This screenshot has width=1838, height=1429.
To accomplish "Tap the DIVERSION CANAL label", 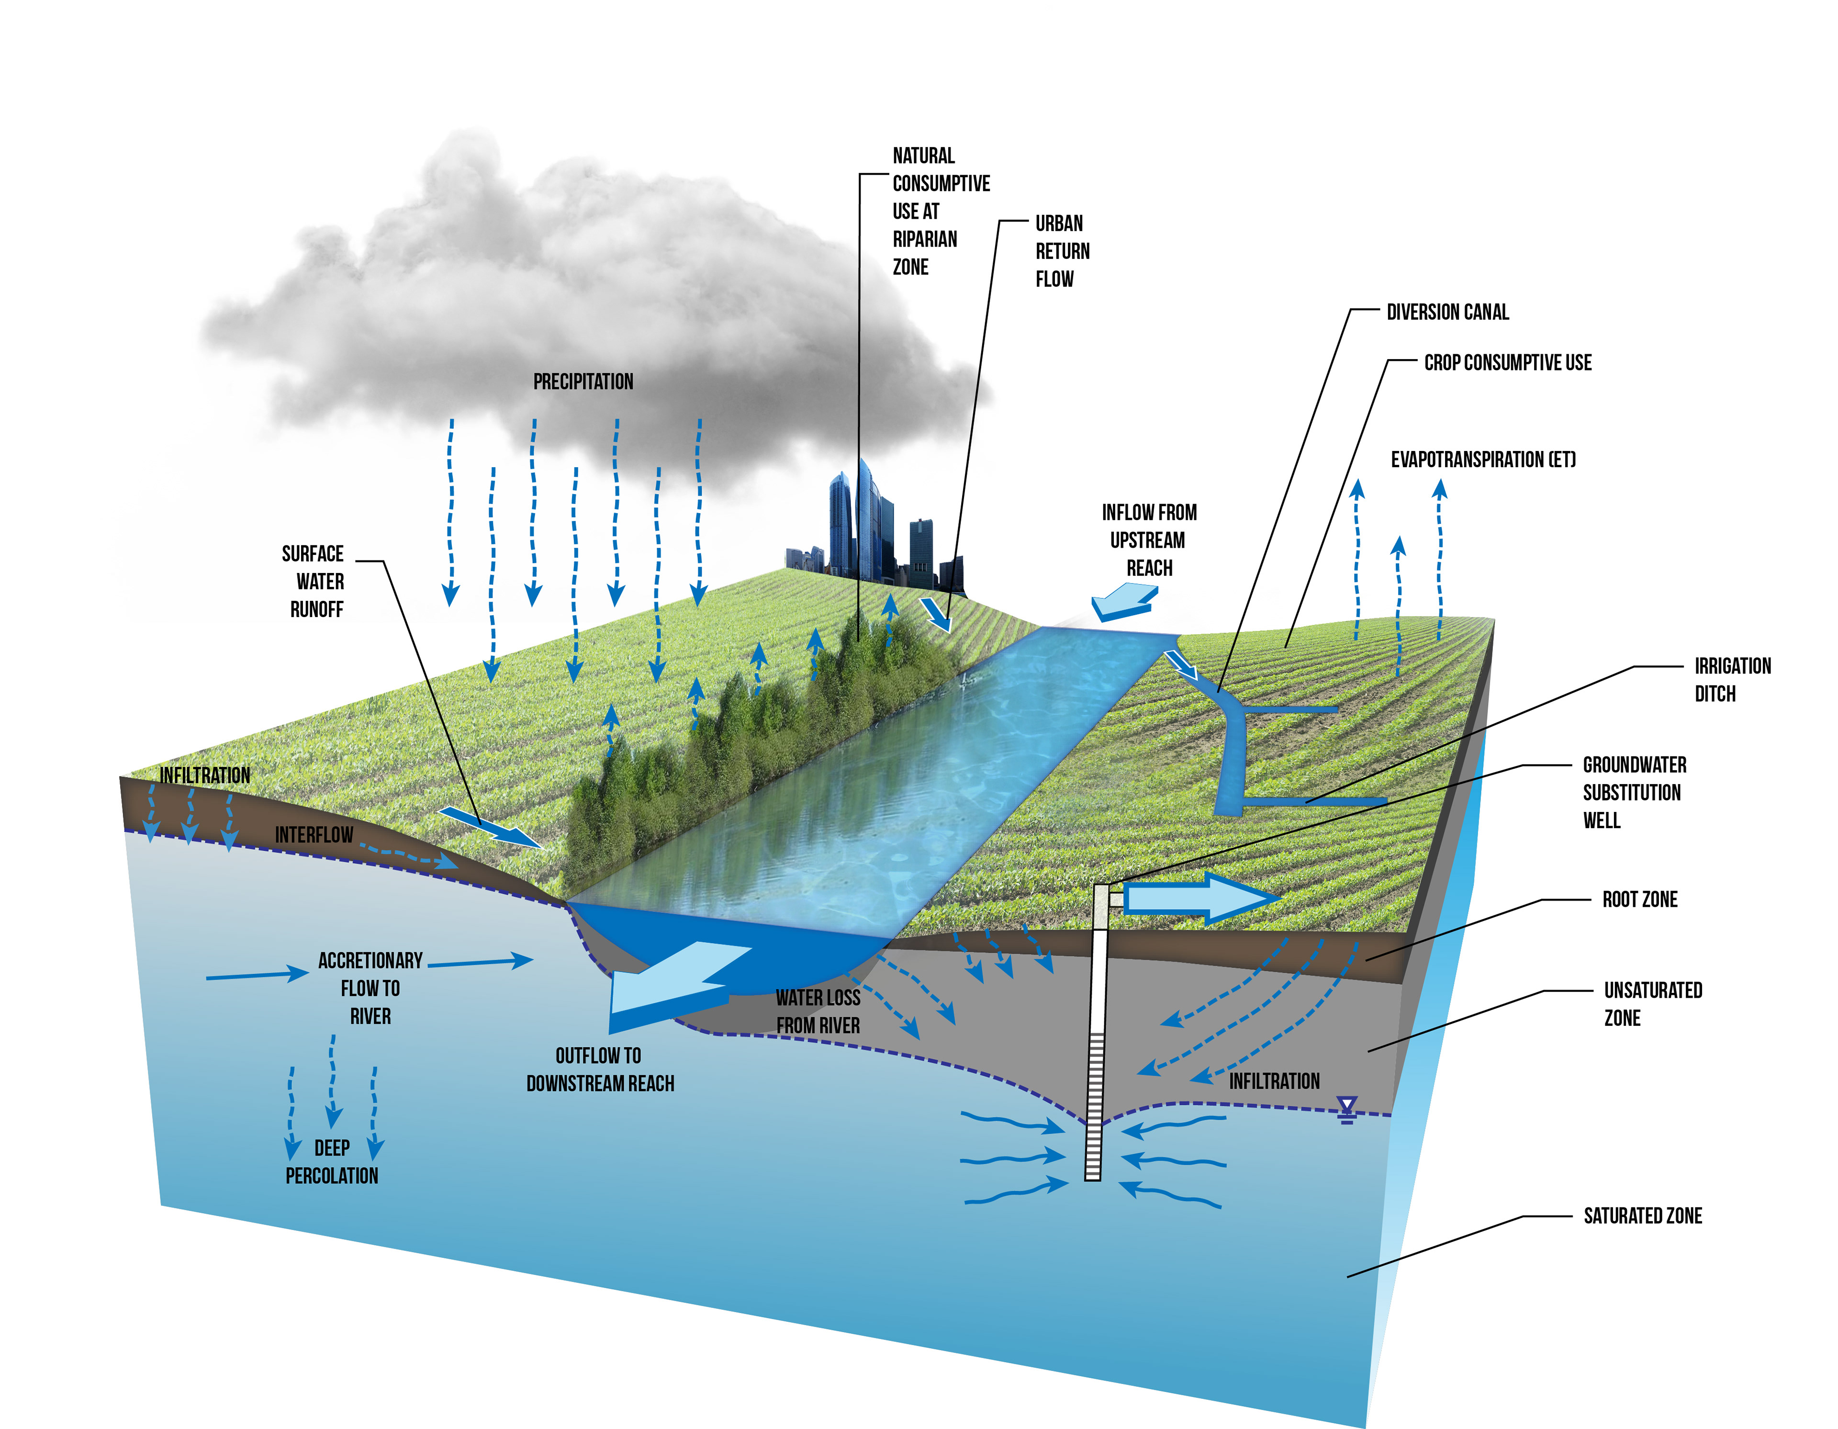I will [x=1447, y=312].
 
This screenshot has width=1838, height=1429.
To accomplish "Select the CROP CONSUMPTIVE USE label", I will [x=1507, y=363].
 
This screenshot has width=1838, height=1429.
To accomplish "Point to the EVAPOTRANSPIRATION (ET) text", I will [x=1483, y=460].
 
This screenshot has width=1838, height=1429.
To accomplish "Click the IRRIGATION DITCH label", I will [x=1732, y=680].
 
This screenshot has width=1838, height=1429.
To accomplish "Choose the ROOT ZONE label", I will [x=1639, y=900].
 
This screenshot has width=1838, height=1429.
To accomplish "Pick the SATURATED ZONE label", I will [x=1642, y=1216].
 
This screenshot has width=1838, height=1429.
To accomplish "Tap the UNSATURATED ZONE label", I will [x=1652, y=1004].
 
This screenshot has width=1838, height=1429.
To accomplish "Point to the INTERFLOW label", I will [x=314, y=835].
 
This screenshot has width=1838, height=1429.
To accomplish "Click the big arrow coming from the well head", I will [x=1199, y=899].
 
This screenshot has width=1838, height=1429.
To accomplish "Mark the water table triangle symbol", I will [x=1346, y=1109].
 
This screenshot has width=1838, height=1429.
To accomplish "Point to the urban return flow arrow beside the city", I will [x=936, y=614].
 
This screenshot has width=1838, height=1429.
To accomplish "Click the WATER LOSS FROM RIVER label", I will [x=817, y=1012].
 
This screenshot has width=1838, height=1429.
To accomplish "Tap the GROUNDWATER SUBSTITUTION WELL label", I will [x=1634, y=793].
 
